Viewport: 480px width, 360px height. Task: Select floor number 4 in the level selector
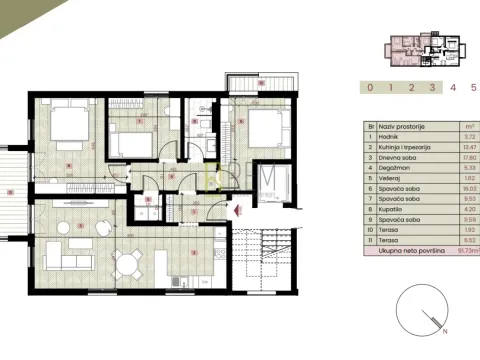point(452,87)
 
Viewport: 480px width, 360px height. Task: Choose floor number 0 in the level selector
point(370,87)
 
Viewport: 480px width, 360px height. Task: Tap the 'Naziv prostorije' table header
point(400,128)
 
